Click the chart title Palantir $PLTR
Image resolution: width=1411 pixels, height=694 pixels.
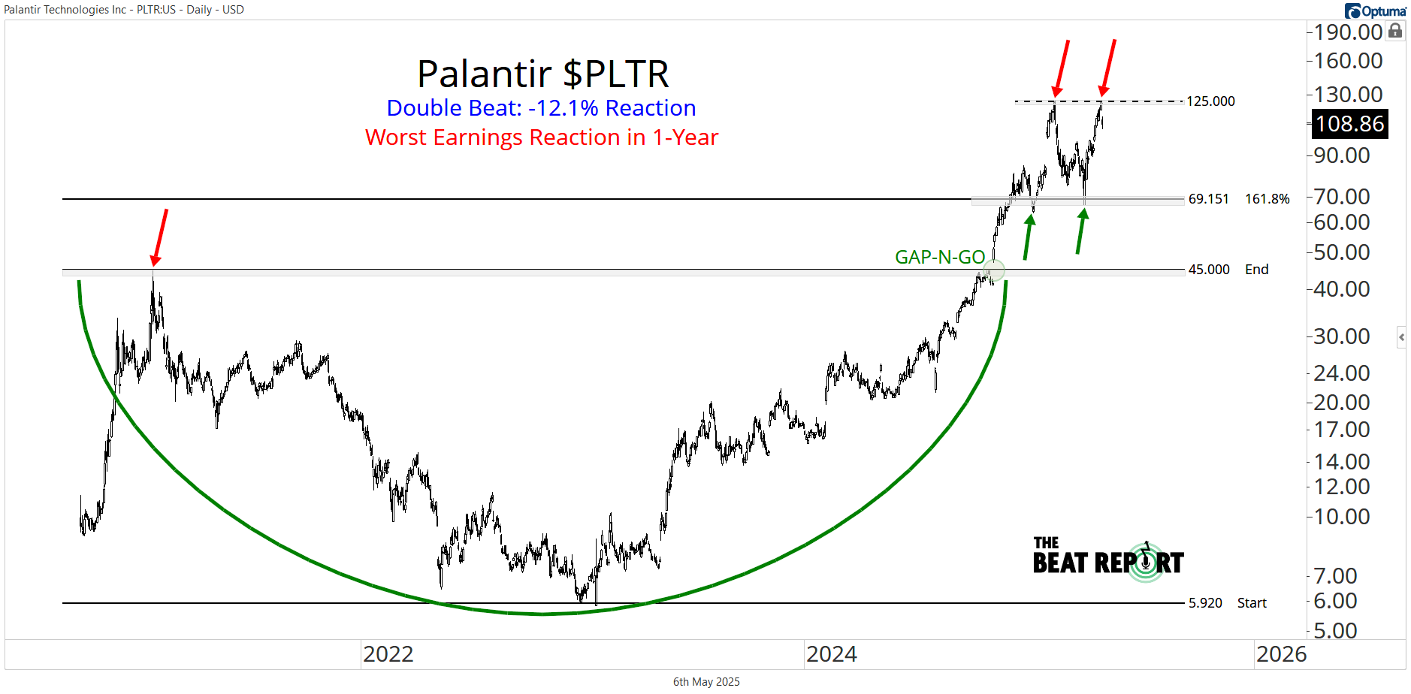(x=542, y=74)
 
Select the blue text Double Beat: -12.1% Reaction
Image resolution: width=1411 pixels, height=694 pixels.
(x=541, y=108)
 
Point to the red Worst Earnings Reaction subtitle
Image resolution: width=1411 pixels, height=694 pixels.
(x=542, y=137)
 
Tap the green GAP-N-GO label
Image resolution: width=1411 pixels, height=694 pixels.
(x=939, y=258)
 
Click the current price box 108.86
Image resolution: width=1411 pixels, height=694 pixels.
(x=1349, y=124)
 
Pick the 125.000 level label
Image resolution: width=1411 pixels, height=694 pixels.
(x=1210, y=101)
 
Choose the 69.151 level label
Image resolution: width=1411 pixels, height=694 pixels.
(x=1208, y=199)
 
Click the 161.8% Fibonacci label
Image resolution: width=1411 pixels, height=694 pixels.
(x=1267, y=199)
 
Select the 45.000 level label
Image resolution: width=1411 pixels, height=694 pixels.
(x=1209, y=270)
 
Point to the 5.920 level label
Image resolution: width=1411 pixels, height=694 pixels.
(x=1205, y=603)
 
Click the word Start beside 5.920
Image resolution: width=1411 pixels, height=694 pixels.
(x=1252, y=603)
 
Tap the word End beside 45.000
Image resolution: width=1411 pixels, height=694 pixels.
(x=1256, y=270)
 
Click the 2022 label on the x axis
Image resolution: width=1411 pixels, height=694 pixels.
(x=388, y=654)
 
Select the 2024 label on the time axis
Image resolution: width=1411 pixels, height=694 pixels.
(x=831, y=654)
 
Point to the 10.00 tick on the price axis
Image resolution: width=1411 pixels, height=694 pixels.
(x=1341, y=517)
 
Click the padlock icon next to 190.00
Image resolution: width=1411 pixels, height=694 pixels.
(x=1395, y=31)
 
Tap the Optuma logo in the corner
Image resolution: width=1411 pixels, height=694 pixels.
(x=1375, y=11)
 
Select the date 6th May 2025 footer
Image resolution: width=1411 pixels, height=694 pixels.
(x=706, y=682)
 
